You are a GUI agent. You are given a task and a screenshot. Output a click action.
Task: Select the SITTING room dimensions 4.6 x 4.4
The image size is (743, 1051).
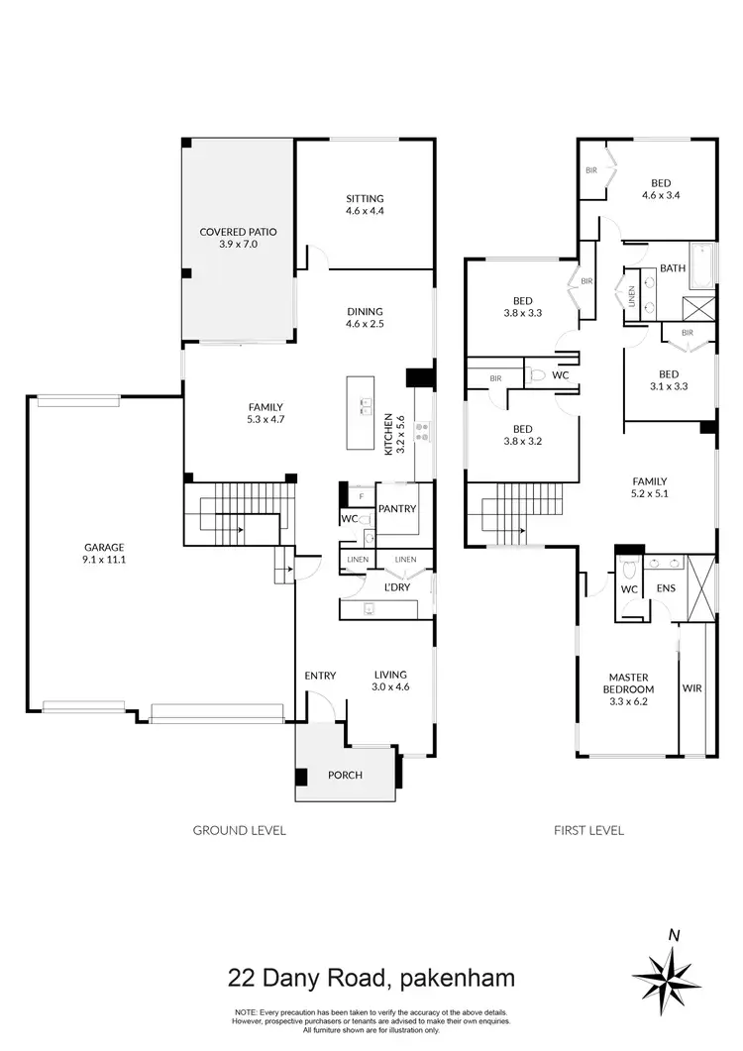pos(365,211)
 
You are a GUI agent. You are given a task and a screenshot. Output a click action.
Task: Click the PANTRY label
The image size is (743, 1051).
pos(396,509)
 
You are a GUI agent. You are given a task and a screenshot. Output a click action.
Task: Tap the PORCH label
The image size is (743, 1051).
pos(345,775)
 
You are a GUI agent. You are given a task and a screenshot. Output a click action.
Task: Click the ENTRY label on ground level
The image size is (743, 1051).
pos(320,676)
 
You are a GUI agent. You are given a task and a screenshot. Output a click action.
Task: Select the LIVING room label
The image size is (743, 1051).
pos(390,675)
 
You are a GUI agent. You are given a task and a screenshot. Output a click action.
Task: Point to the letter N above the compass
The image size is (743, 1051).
pos(674,933)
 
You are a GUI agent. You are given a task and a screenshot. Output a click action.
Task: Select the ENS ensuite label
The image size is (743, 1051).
pos(666,588)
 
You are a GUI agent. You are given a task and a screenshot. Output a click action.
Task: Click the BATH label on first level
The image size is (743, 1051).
pos(673,268)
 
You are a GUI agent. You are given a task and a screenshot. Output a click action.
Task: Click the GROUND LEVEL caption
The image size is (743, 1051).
pos(239,830)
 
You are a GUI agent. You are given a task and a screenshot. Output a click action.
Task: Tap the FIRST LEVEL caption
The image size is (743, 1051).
pos(588,830)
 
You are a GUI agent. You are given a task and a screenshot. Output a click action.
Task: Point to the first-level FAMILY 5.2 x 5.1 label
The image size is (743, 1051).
pos(649,487)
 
